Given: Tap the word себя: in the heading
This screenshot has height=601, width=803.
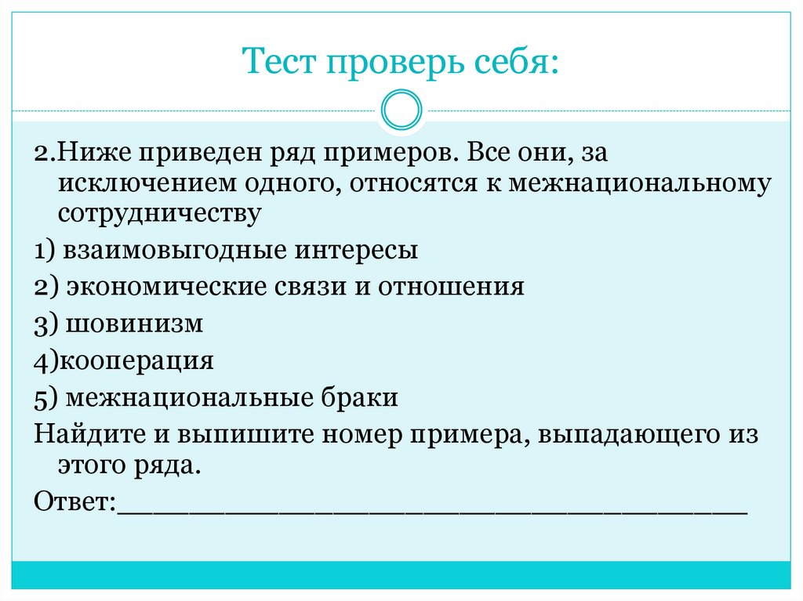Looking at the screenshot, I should click(x=516, y=63).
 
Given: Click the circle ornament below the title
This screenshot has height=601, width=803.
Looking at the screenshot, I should click(x=401, y=110).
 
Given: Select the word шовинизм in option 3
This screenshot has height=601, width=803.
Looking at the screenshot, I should click(x=135, y=323).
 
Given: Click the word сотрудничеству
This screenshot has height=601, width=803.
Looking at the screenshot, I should click(x=158, y=213).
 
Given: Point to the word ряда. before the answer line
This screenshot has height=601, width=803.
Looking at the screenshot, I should click(x=168, y=465).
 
